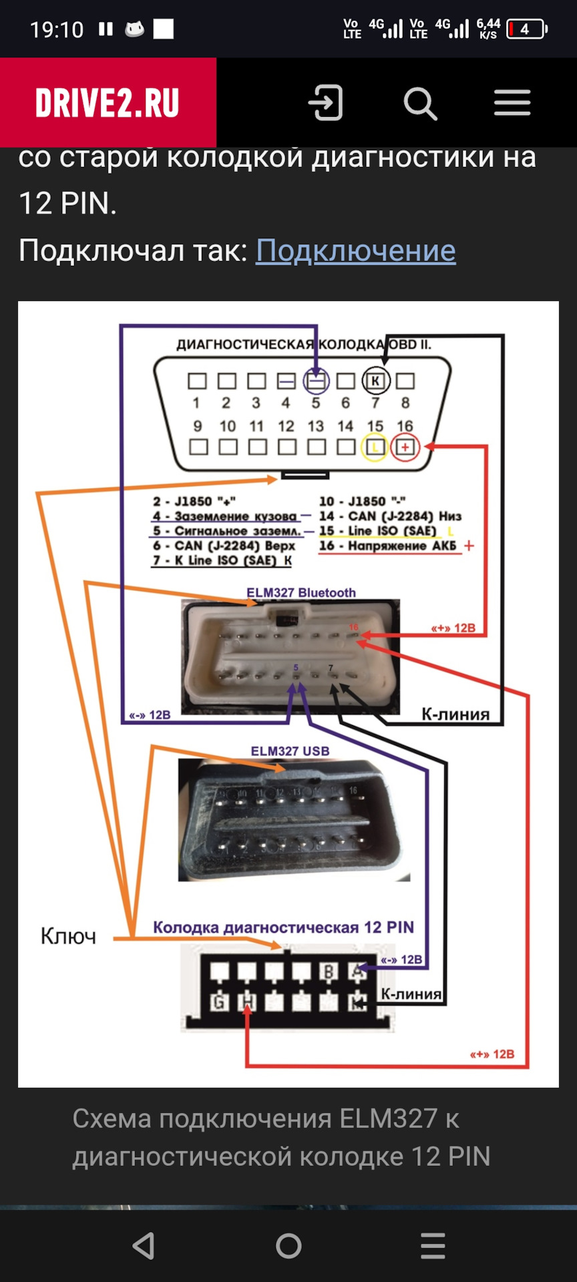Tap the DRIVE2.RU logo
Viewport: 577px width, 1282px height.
[108, 103]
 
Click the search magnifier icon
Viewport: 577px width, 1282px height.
[420, 103]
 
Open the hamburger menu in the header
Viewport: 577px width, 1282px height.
[512, 103]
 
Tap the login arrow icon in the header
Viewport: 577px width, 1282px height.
[326, 103]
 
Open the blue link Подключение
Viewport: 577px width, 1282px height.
[355, 251]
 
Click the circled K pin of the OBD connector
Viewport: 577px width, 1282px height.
[375, 381]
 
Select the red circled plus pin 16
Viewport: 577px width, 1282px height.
[405, 447]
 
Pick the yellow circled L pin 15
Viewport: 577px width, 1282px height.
[375, 447]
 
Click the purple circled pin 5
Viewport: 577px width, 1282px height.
[316, 381]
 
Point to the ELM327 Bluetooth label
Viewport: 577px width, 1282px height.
[301, 592]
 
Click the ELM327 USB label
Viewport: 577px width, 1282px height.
[290, 751]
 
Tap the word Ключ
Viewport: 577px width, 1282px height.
[68, 936]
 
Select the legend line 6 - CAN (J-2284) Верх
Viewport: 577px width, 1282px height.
[224, 546]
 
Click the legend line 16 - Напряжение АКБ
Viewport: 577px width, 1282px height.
[388, 546]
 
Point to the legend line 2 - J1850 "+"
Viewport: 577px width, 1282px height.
[194, 501]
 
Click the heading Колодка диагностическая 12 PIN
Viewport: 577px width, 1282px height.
[283, 927]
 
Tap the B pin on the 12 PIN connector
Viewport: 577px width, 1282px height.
[329, 972]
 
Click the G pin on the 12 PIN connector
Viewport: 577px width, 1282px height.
[219, 1002]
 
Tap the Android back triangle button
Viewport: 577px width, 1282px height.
[144, 1246]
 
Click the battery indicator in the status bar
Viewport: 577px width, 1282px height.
[526, 29]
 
